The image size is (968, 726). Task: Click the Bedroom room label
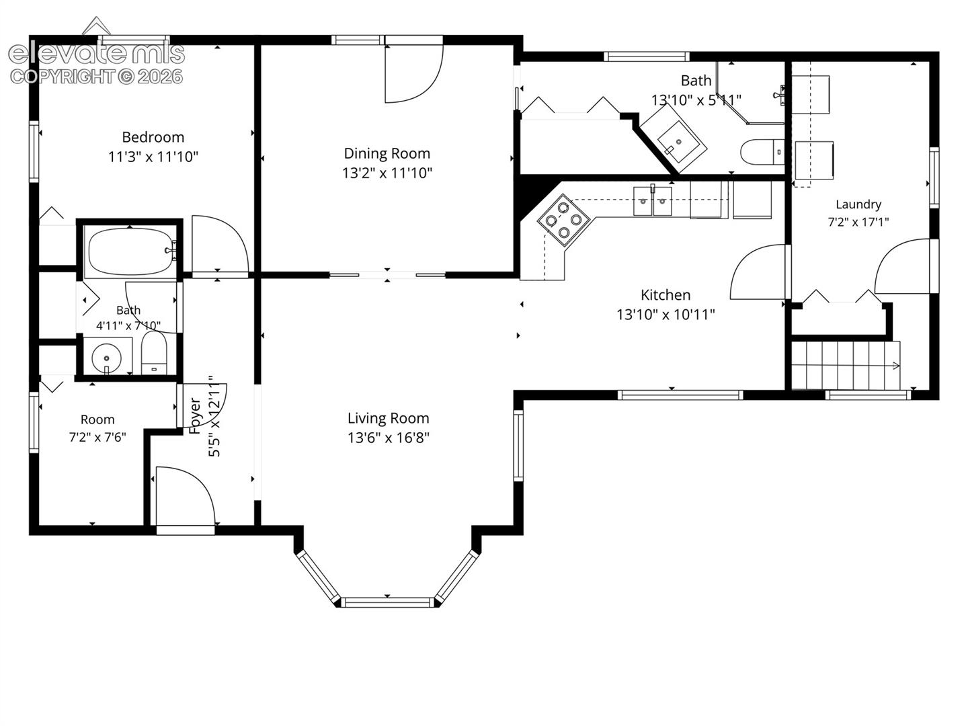pyautogui.click(x=153, y=137)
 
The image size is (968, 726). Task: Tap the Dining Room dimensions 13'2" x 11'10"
pyautogui.click(x=387, y=173)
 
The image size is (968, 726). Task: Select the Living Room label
pyautogui.click(x=388, y=418)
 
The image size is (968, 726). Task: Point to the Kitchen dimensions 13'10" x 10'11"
pyautogui.click(x=665, y=315)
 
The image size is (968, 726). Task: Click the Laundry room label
pyautogui.click(x=858, y=204)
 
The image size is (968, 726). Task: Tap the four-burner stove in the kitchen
pyautogui.click(x=563, y=220)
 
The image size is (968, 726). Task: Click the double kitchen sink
pyautogui.click(x=653, y=202)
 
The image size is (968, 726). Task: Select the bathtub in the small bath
pyautogui.click(x=130, y=251)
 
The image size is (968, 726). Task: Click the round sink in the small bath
pyautogui.click(x=106, y=358)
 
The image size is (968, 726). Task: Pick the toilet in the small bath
pyautogui.click(x=154, y=354)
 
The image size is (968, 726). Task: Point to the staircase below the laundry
pyautogui.click(x=846, y=366)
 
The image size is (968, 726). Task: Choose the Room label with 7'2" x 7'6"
pyautogui.click(x=97, y=428)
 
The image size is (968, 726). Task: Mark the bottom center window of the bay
pyautogui.click(x=388, y=602)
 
